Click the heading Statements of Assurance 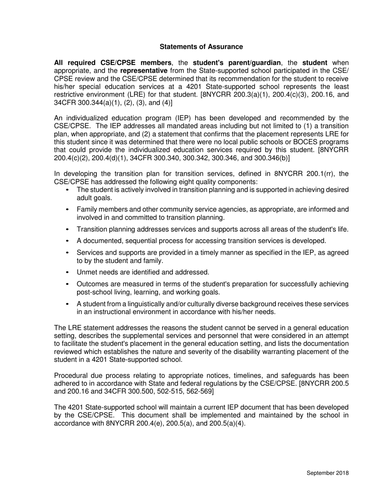[201, 47]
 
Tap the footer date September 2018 [327, 473]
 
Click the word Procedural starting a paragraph [70, 376]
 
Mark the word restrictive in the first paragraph [69, 95]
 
